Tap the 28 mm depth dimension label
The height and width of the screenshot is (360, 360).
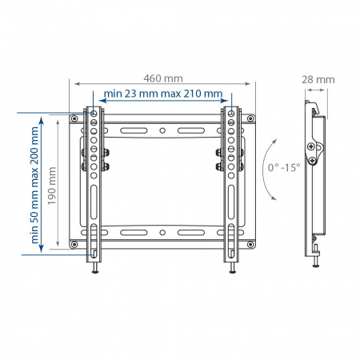tap(318, 79)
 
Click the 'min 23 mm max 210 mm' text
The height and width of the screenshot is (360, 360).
tap(162, 94)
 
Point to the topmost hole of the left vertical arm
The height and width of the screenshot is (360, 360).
tap(94, 115)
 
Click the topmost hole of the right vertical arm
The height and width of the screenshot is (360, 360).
tap(231, 115)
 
